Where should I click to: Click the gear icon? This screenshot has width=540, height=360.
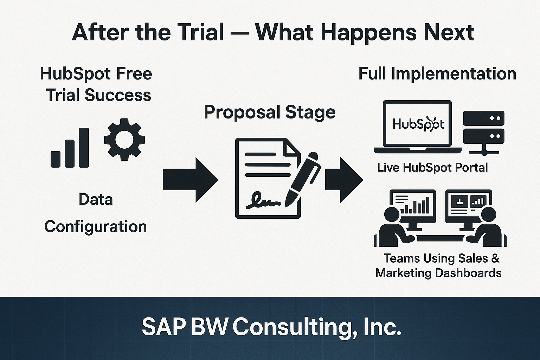124,139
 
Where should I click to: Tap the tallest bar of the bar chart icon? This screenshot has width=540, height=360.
84,148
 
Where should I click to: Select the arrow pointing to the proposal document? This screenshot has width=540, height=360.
191,180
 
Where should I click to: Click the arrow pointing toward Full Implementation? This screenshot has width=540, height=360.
344,180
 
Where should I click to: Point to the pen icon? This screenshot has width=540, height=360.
303,179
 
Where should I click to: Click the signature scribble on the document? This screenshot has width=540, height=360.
263,200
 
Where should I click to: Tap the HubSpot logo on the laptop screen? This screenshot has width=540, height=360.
418,124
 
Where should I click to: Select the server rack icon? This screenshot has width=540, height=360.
484,133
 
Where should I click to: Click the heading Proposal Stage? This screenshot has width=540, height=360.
270,112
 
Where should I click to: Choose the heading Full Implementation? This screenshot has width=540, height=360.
437,74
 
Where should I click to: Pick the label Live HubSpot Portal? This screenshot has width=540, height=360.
432,167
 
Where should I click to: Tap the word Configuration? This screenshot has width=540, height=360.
96,227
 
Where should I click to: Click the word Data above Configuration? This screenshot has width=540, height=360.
96,200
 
